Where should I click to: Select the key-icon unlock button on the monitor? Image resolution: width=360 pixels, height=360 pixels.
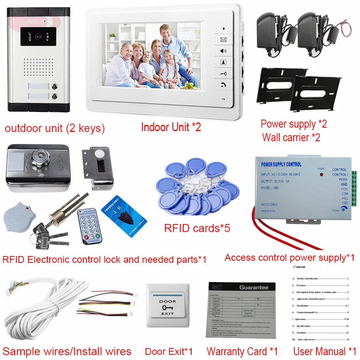coord(223,74)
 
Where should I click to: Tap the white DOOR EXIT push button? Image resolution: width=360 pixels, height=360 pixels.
coord(168,306)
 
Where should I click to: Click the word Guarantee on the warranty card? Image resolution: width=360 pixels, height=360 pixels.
coord(254,287)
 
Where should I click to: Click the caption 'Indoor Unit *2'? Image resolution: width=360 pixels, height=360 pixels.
coord(171,127)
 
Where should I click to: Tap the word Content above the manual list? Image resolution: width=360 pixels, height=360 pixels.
coord(299,267)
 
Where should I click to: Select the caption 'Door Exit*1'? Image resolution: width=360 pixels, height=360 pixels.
coord(168,352)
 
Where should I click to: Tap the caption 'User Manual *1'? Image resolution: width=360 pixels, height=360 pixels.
coord(324,352)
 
